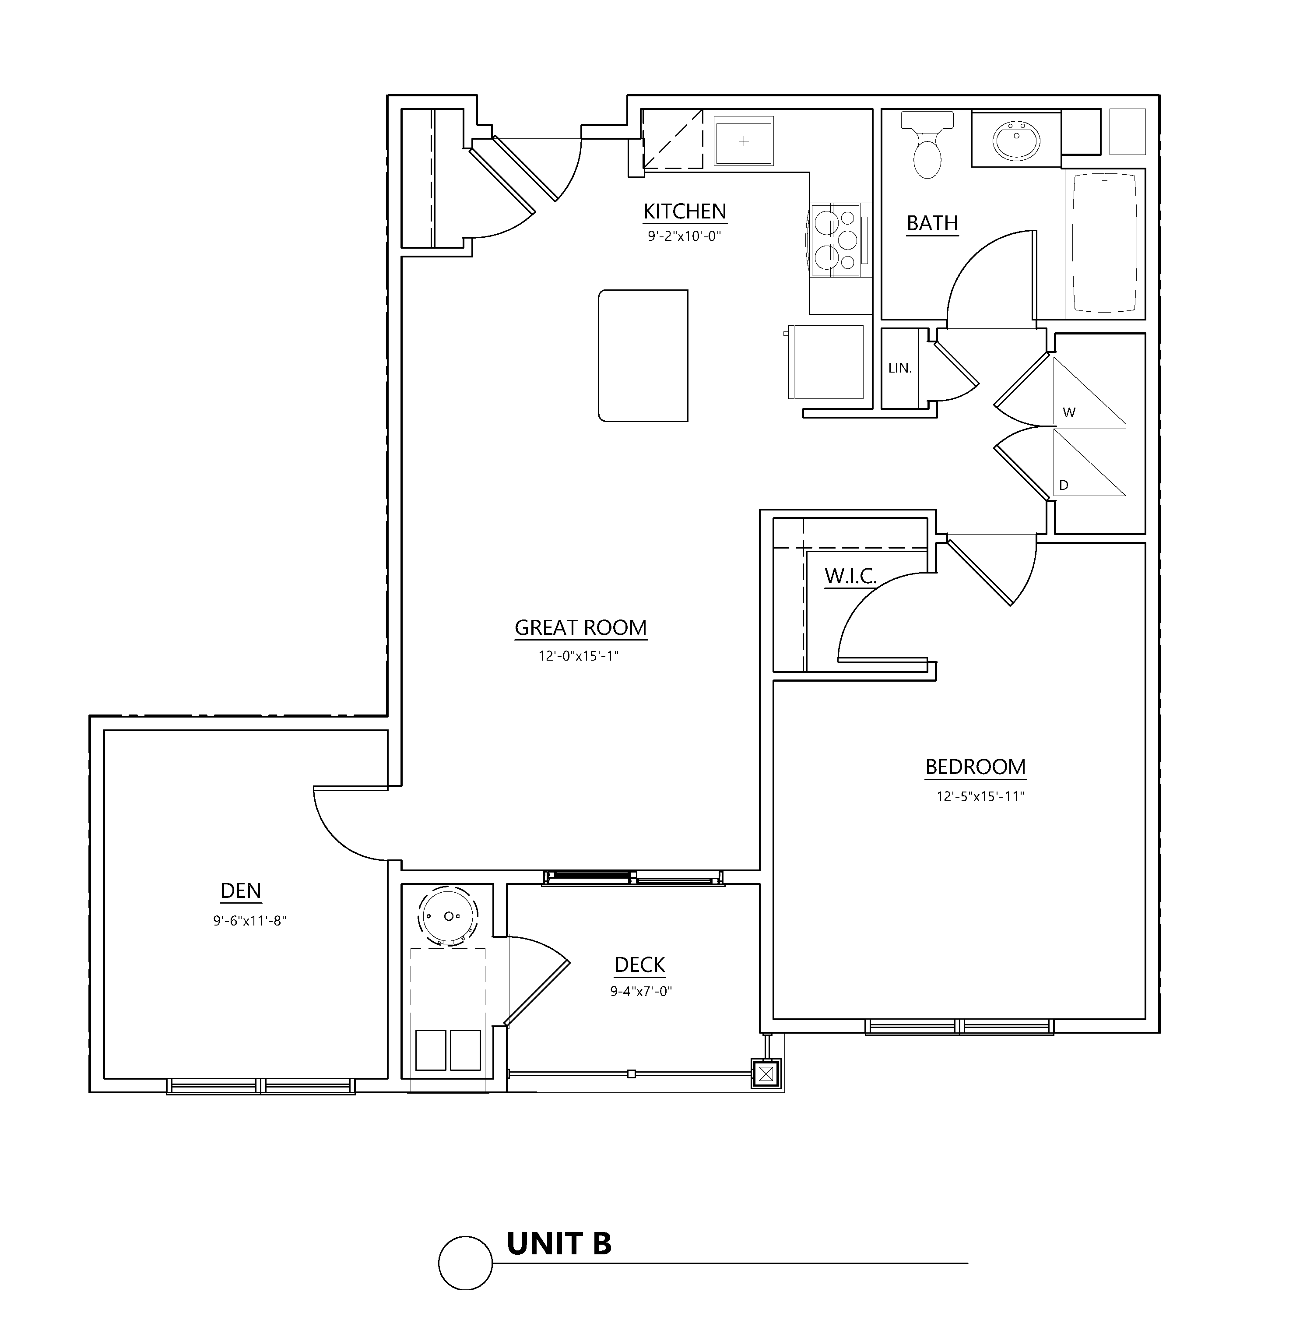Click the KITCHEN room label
(685, 211)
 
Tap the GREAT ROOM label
(580, 627)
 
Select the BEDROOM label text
(975, 767)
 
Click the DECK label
(640, 964)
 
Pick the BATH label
(932, 223)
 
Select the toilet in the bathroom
(927, 144)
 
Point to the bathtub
(1105, 243)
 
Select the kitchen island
(643, 355)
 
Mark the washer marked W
(1089, 390)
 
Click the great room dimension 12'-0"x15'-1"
(579, 656)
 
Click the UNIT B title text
(559, 1243)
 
